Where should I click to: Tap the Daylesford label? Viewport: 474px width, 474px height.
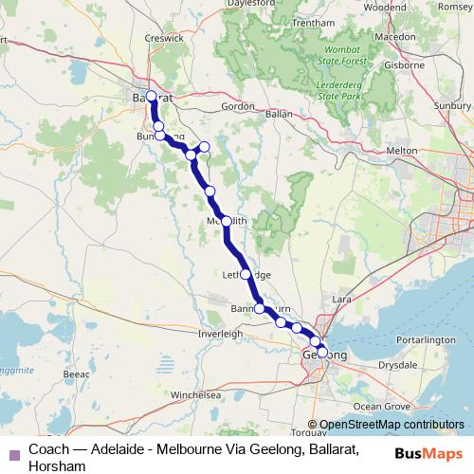coord(228,4)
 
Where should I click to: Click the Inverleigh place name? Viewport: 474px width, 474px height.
coord(220,334)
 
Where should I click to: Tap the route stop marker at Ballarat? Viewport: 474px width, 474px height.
coord(151,96)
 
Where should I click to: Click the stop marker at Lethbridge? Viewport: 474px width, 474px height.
coord(246,274)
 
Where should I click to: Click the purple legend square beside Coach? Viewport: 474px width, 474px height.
coord(12,448)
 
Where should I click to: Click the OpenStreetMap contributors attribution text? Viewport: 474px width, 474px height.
coord(392,425)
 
